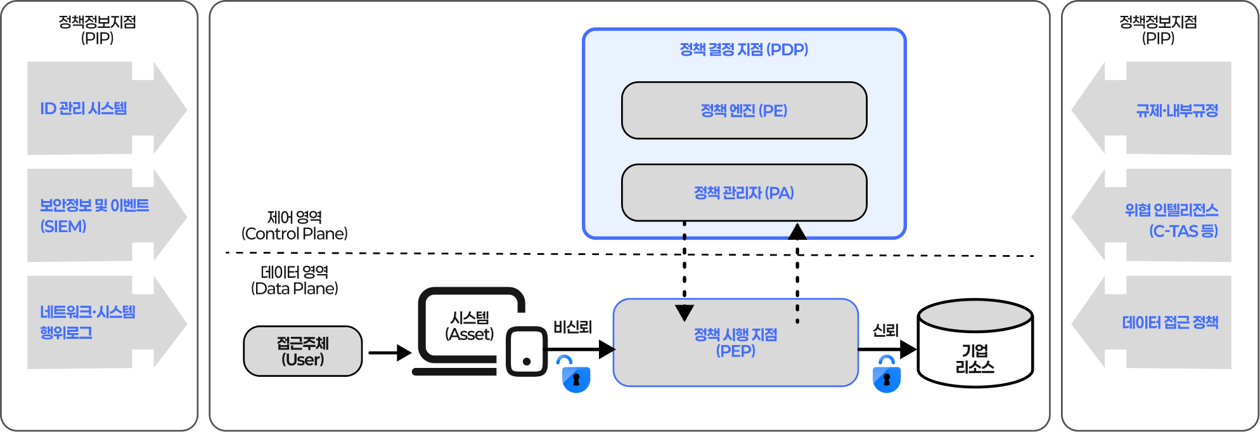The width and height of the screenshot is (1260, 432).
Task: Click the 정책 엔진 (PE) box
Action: (x=744, y=110)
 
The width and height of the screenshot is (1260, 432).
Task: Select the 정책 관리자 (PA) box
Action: (x=744, y=193)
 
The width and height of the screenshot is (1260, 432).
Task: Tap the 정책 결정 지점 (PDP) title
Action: (x=744, y=49)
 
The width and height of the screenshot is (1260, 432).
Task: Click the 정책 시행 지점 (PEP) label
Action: (x=735, y=343)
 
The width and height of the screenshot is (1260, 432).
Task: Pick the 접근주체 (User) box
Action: (x=303, y=351)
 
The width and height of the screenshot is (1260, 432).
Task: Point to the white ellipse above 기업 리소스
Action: (x=975, y=315)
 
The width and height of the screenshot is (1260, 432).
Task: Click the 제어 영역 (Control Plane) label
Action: (x=295, y=226)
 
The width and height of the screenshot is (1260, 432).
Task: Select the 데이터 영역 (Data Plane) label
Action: (x=295, y=280)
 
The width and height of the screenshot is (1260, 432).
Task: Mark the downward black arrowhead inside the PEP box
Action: (x=685, y=312)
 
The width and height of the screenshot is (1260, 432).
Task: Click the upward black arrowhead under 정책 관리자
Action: (x=797, y=232)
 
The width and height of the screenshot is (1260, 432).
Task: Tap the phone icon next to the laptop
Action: (x=527, y=351)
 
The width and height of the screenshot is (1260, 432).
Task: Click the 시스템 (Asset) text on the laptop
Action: (x=470, y=326)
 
